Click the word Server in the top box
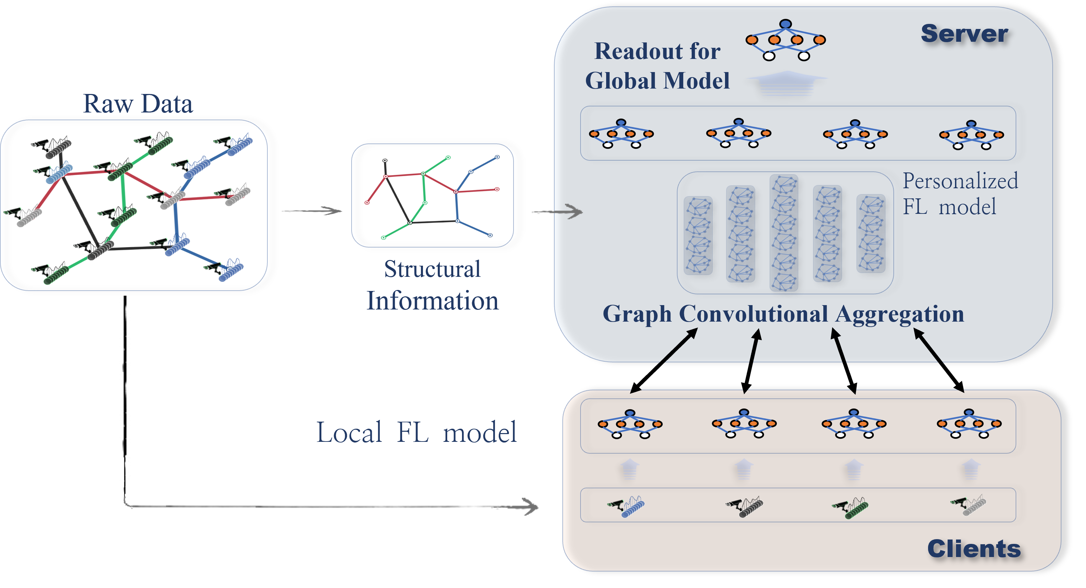pos(964,34)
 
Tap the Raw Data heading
pos(138,104)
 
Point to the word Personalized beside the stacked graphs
pos(960,181)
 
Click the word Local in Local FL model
pos(349,432)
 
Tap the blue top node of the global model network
pos(785,24)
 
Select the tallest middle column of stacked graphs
pos(784,233)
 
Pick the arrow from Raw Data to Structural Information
pos(312,210)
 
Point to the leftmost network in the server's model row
pos(621,134)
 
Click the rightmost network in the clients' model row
pos(969,424)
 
